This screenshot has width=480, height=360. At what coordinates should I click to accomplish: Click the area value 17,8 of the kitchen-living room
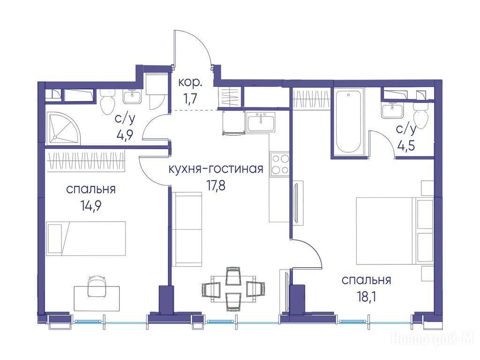217,185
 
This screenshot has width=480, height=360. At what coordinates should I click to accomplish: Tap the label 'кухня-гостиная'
216,169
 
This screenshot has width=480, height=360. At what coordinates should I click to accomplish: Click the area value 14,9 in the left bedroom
91,206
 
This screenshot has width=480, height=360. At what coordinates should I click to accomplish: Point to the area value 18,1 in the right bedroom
366,297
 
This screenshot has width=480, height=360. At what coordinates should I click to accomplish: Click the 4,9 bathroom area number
124,135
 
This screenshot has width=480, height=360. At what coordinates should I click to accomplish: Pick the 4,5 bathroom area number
406,145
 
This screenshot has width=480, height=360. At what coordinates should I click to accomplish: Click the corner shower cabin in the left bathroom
63,127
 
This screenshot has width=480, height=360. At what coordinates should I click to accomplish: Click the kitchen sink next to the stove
261,122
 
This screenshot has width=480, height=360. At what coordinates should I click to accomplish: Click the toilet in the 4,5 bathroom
420,115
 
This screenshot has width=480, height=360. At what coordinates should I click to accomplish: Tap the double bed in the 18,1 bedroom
395,231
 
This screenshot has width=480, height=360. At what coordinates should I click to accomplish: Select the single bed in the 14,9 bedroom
86,238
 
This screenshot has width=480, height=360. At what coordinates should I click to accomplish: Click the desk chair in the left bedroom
97,286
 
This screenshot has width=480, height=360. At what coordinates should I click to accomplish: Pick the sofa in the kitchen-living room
187,229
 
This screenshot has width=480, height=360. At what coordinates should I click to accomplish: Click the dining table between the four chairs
233,288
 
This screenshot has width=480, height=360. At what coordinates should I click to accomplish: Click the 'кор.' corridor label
190,82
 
